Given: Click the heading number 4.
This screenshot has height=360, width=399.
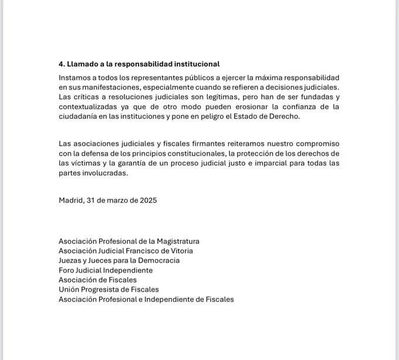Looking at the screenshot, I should tap(62, 63).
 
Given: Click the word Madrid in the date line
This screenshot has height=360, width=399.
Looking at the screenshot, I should tap(70, 200).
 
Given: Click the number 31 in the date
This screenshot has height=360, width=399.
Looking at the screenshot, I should tap(91, 200).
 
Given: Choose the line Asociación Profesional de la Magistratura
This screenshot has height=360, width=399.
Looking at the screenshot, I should tap(129, 241).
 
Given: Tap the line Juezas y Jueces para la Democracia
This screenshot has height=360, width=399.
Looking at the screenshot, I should tap(119, 261).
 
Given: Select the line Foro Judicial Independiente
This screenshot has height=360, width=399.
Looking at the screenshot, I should tap(106, 270).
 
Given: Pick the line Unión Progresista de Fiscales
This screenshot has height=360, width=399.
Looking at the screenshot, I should tap(109, 290).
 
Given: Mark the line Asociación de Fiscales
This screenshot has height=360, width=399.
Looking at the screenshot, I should tap(97, 280).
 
